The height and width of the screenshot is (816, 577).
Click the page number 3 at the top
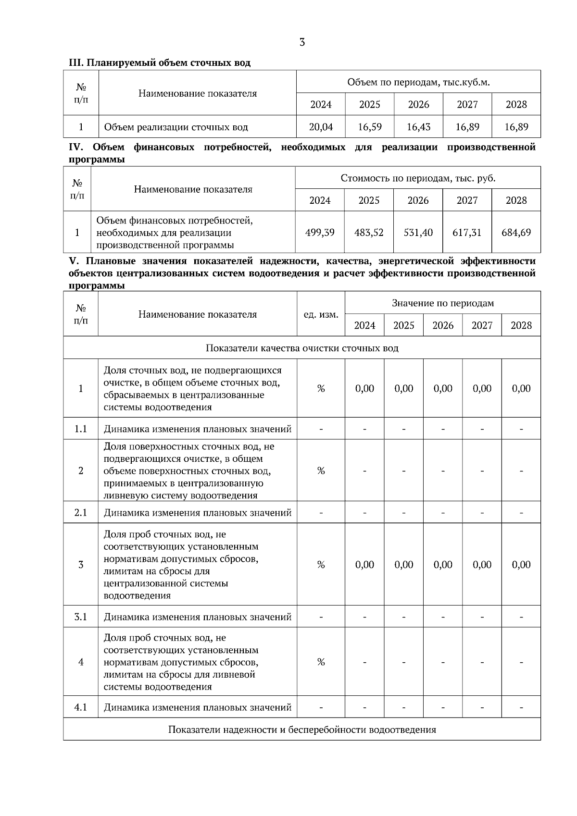tap(302, 42)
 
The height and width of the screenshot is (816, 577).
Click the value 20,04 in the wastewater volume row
tap(321, 127)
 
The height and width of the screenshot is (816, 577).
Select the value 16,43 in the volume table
tap(418, 127)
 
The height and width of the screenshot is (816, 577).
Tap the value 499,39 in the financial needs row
tap(320, 233)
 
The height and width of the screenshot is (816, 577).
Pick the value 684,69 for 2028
tap(516, 233)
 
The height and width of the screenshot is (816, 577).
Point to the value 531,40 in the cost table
tap(418, 233)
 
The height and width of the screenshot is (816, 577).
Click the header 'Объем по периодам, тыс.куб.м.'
tap(418, 82)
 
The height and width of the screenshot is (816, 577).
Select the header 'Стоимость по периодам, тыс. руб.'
tap(418, 178)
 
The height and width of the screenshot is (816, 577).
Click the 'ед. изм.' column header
tap(321, 315)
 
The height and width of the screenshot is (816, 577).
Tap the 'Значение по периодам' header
tap(442, 303)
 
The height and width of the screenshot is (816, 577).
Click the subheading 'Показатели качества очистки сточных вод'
tap(302, 348)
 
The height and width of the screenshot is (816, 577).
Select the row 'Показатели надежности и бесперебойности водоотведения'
tap(302, 729)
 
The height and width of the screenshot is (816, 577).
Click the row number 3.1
tap(81, 617)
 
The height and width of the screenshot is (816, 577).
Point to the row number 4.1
tap(81, 707)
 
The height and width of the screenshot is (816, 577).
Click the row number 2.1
tap(81, 513)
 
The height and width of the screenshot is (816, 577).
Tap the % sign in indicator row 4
tap(321, 662)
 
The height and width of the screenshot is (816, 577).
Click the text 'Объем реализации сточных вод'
tap(176, 127)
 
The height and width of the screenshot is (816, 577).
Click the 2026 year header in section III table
tap(418, 104)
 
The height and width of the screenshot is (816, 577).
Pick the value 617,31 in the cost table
tap(467, 233)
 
